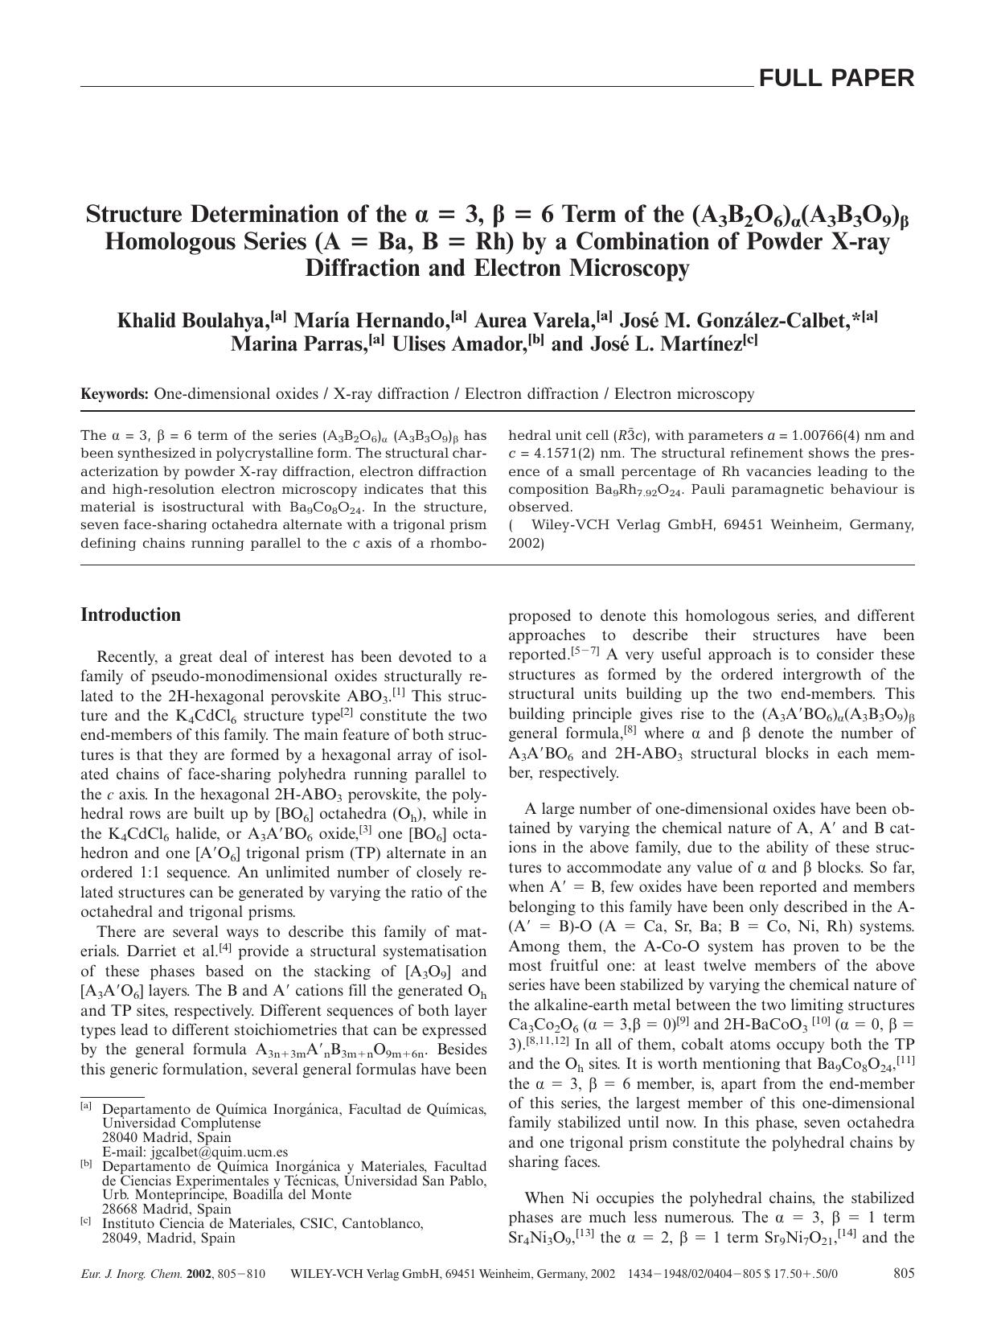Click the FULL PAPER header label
(x=836, y=78)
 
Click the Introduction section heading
(x=130, y=615)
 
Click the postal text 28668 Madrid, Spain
(x=166, y=1209)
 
